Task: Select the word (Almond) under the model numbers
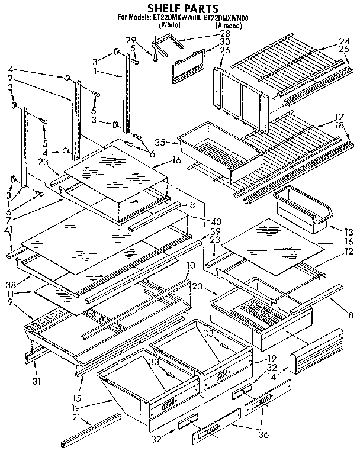(228, 26)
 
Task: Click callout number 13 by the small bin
(348, 230)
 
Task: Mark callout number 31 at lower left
(37, 381)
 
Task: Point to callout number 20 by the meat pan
(197, 286)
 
